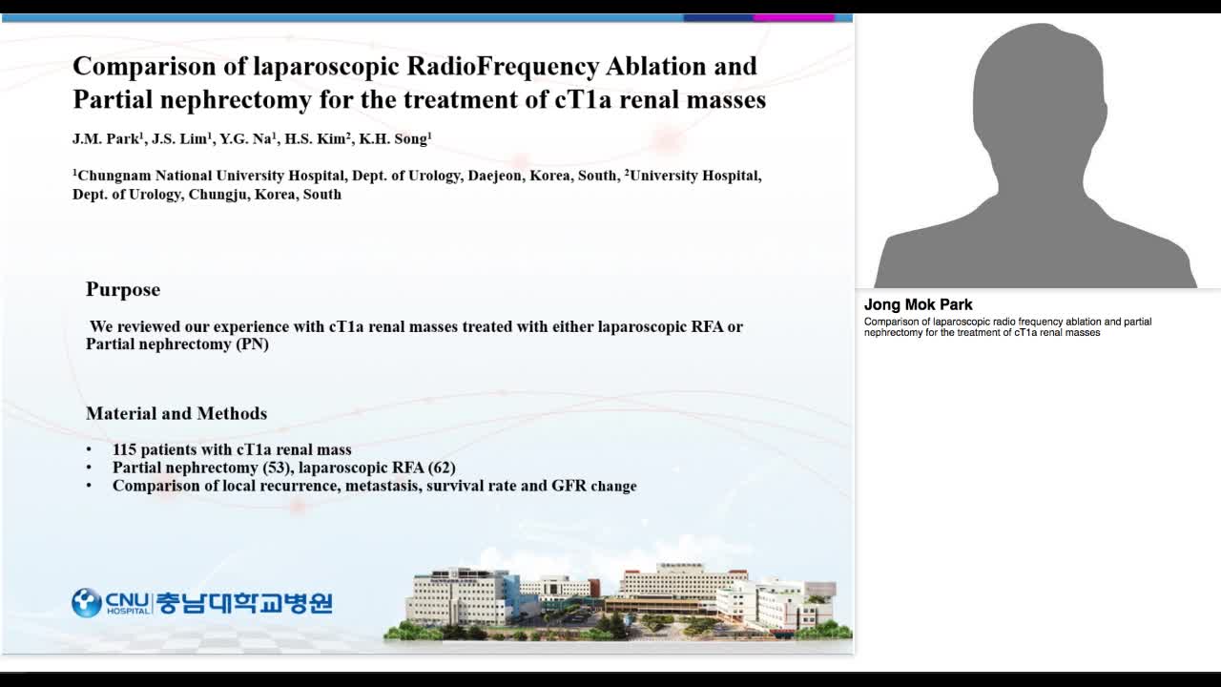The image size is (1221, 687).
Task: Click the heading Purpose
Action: (123, 289)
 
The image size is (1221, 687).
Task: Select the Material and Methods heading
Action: (176, 413)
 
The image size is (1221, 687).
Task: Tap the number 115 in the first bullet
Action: (125, 449)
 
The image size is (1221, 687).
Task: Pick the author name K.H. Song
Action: (394, 139)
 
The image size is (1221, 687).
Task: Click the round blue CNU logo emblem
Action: (87, 602)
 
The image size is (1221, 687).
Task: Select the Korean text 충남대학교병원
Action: (244, 602)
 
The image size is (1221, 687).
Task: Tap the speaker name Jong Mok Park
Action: (918, 304)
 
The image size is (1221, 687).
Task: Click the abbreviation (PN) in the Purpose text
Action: (252, 344)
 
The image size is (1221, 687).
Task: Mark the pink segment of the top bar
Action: (794, 17)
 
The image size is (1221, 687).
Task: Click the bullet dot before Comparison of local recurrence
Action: (90, 486)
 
